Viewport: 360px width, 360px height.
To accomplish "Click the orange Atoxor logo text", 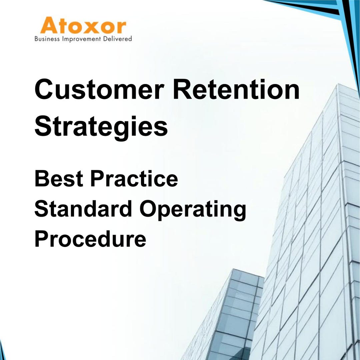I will click(x=83, y=26).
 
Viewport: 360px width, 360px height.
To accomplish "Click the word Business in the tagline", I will click(x=47, y=39).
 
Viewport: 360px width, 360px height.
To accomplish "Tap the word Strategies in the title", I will click(x=101, y=127).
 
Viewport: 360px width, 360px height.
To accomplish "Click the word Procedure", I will click(x=90, y=239).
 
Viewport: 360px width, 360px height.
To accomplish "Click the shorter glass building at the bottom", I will click(x=230, y=317).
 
